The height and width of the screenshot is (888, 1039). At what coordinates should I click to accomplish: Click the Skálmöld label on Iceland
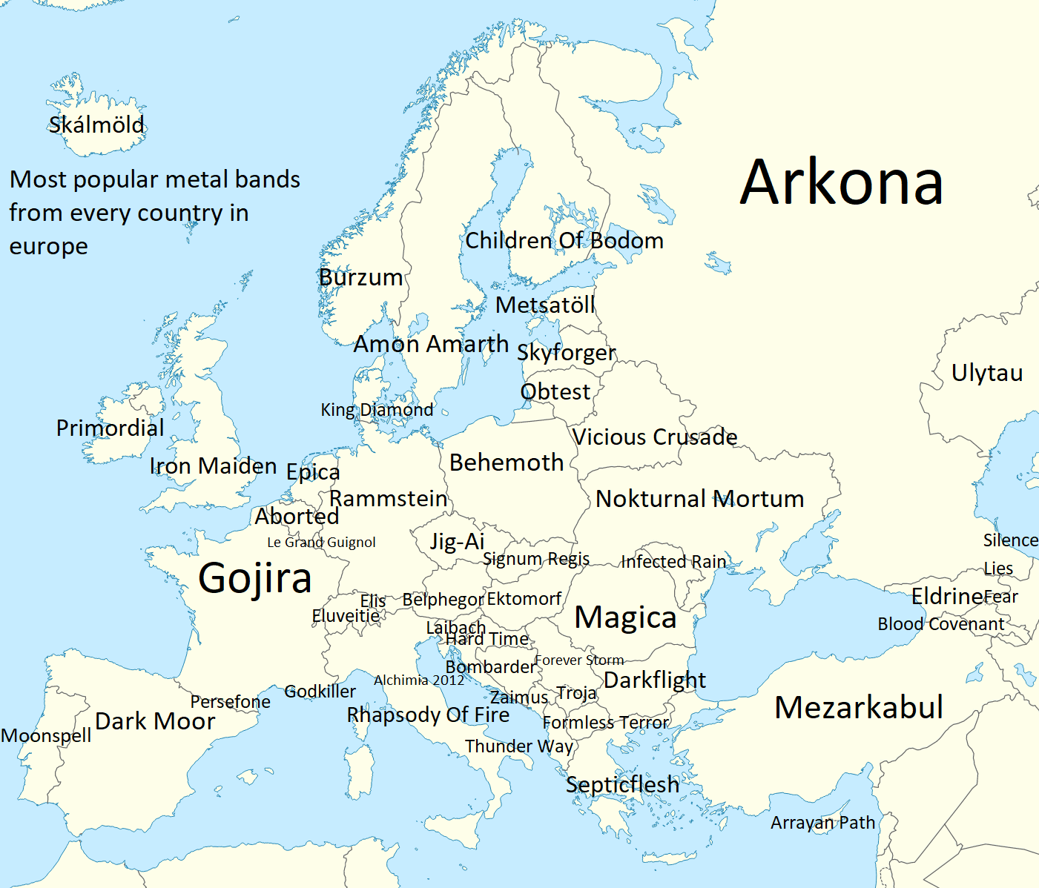tap(96, 125)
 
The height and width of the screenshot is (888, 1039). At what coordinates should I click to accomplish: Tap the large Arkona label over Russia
tap(842, 182)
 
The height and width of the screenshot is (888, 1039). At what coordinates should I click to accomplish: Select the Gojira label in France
tap(255, 578)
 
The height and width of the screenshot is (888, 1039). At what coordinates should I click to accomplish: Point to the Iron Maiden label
tap(213, 466)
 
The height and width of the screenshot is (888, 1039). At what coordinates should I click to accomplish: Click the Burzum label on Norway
tap(360, 277)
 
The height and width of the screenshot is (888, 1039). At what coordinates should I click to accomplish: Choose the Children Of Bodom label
tap(564, 240)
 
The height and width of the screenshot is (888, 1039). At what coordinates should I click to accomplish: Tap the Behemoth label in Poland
tap(507, 463)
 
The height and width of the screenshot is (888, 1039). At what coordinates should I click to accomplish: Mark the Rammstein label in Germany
tap(388, 498)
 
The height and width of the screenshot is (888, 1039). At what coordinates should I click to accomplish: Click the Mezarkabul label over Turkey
tap(859, 707)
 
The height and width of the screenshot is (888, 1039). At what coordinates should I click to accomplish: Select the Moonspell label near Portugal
tap(46, 735)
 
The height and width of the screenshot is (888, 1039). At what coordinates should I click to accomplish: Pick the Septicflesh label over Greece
tap(622, 784)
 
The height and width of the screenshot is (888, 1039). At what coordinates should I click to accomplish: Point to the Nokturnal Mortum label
tap(699, 499)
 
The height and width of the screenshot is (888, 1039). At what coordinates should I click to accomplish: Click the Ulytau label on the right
tap(987, 373)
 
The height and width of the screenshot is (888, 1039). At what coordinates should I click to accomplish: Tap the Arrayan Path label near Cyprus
tap(822, 823)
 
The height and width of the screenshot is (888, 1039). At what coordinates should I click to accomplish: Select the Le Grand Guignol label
tap(321, 543)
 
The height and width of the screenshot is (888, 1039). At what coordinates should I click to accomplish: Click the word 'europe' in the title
tap(48, 246)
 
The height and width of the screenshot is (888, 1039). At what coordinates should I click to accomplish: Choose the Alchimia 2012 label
tap(419, 680)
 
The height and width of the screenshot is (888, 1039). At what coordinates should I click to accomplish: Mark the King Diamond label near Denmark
tap(377, 410)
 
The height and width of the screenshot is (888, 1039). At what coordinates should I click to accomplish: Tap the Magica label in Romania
tap(625, 617)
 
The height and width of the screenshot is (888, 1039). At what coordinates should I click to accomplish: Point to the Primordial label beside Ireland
tap(110, 428)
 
